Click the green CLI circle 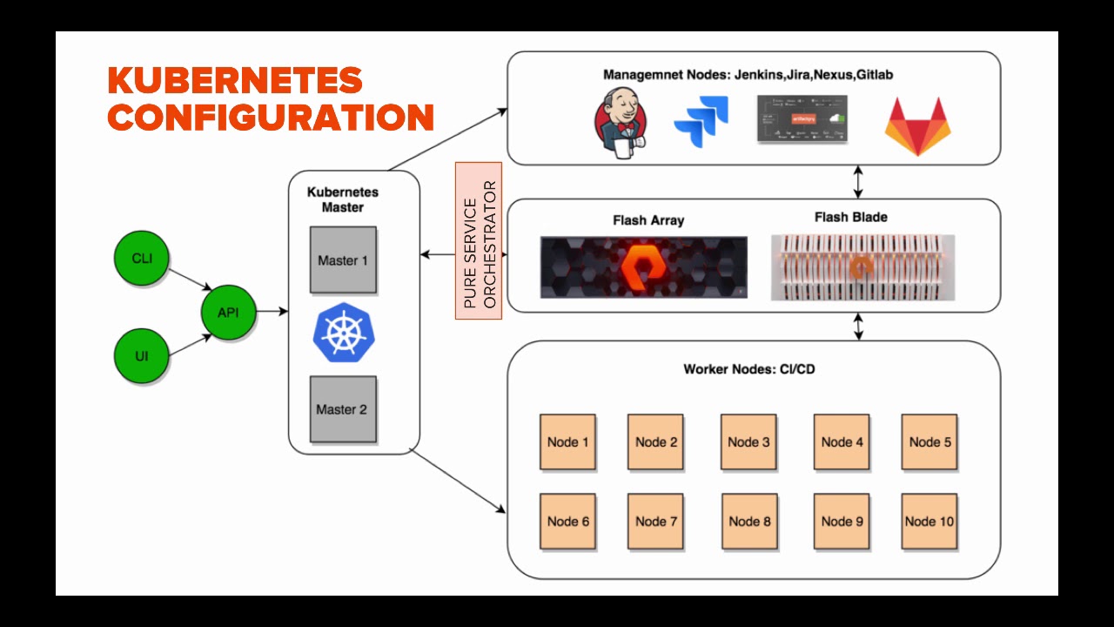click(142, 259)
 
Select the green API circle click(228, 312)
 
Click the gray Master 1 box click(343, 260)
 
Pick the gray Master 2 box click(343, 409)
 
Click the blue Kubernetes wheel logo click(342, 333)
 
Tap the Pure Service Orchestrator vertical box click(479, 240)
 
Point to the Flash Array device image click(643, 267)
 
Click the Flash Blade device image click(862, 267)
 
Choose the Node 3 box click(748, 442)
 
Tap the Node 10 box click(929, 522)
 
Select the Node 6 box click(567, 522)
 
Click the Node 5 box click(929, 442)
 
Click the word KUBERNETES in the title click(235, 81)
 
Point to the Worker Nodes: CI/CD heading click(748, 369)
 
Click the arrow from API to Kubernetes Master click(272, 311)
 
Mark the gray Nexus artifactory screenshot click(801, 119)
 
